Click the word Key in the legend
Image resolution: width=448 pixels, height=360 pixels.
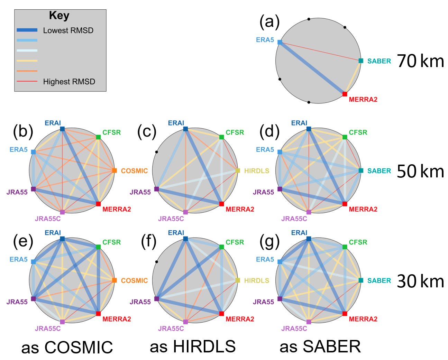tap(59, 16)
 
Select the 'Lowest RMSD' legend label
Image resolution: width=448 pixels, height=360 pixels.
tap(68, 30)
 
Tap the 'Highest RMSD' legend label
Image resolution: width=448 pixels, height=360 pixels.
tap(69, 82)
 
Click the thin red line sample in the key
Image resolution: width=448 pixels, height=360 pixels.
tap(27, 81)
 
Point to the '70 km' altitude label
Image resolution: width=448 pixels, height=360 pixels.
tap(420, 61)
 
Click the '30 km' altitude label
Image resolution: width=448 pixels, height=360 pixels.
tap(420, 281)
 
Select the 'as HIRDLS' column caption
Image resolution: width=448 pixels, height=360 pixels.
tap(193, 347)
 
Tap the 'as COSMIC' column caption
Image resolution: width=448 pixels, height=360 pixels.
tap(67, 347)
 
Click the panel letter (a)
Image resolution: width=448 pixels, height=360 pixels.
tap(269, 22)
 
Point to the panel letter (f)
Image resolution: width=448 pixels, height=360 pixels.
tap(149, 241)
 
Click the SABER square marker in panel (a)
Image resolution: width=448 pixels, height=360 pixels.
tap(361, 61)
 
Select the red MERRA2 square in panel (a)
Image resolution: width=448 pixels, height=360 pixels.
tap(345, 94)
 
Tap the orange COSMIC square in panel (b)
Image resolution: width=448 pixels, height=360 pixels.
tap(115, 170)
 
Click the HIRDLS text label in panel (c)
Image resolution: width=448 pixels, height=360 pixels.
tap(256, 171)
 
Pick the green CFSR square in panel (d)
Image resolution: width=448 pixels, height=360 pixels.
tap(345, 137)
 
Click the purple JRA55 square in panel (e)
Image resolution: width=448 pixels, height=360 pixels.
tap(33, 299)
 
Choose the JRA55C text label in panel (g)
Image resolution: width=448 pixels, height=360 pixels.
tap(294, 329)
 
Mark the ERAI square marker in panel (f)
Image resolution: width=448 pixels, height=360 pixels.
tap(185, 239)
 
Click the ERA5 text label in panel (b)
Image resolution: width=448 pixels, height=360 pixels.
tap(18, 150)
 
